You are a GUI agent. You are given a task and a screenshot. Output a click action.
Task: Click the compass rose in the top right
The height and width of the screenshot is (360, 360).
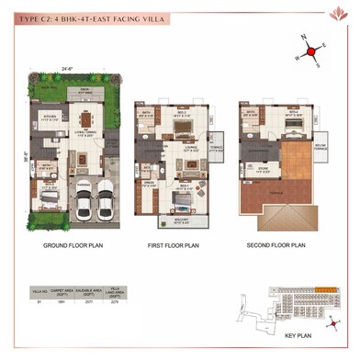313,49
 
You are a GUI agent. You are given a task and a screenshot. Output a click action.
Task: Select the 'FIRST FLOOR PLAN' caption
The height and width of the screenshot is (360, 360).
174,246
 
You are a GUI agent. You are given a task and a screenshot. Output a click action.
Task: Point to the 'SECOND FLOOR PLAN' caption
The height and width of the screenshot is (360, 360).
275,246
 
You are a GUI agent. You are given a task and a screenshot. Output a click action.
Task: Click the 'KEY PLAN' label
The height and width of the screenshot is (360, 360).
300,335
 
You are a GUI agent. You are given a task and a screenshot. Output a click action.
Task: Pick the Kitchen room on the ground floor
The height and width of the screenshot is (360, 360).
52,120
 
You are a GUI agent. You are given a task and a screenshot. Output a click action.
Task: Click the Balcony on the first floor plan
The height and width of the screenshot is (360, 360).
183,220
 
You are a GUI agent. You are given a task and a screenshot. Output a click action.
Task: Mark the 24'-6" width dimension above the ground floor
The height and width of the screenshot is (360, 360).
68,68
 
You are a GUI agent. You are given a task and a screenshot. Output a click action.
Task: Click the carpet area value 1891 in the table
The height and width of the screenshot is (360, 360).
62,300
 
